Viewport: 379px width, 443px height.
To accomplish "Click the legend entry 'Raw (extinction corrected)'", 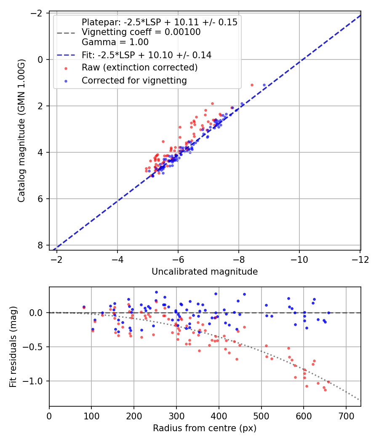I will click(139, 68).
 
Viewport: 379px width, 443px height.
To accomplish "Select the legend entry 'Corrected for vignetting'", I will click(134, 80).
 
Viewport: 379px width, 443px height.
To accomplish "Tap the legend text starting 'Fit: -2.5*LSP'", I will click(147, 55).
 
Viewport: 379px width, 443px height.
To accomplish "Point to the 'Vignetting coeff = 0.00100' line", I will click(141, 32).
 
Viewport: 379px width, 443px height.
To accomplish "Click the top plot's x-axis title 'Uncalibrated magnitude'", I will click(205, 272).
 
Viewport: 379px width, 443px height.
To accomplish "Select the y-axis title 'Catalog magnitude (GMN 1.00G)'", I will click(22, 131).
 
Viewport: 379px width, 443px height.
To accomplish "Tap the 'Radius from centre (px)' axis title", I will click(205, 428).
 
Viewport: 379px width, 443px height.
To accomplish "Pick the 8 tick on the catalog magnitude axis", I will click(41, 245).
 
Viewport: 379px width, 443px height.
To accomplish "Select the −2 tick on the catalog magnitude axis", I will click(37, 13).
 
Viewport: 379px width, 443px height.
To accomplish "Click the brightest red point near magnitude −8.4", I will click(252, 85).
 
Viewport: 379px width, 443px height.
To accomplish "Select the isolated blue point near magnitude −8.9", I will click(264, 85).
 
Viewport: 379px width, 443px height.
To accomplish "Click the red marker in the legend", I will click(66, 68).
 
